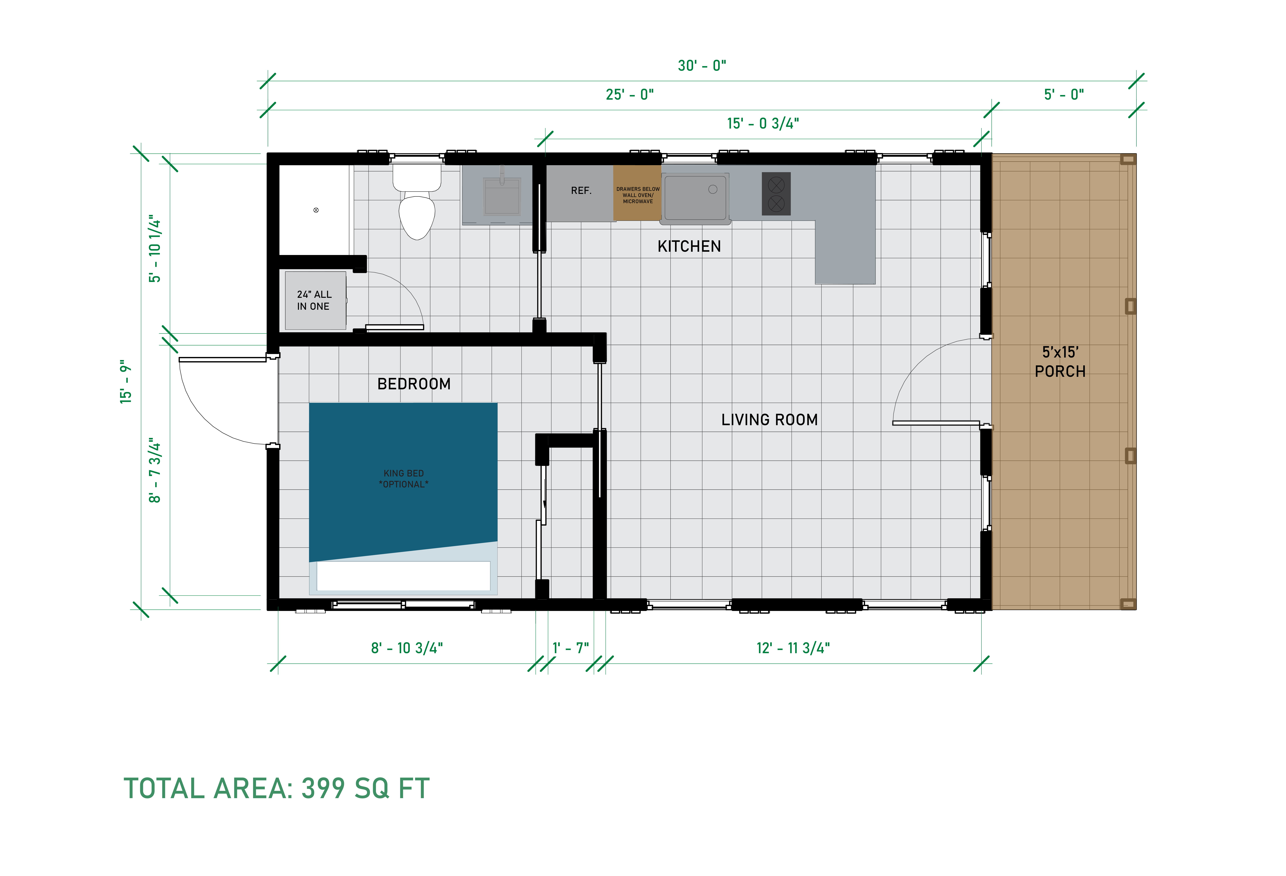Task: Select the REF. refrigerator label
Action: tap(581, 190)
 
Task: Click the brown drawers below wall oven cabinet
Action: tap(637, 193)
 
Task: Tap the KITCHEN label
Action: tap(689, 246)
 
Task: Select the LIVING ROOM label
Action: tap(769, 420)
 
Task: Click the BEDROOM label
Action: tap(414, 384)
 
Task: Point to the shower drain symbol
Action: tap(316, 210)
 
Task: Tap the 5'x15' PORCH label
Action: tap(1060, 361)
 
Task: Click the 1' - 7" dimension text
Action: tap(571, 648)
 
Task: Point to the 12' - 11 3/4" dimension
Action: tap(793, 648)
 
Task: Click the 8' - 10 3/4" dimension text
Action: tap(407, 648)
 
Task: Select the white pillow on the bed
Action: tap(403, 576)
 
